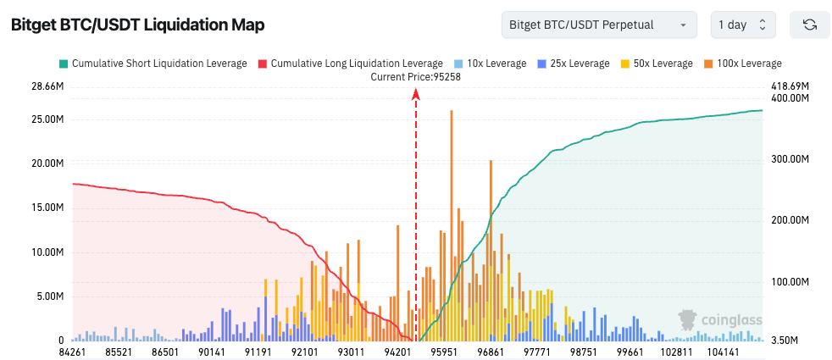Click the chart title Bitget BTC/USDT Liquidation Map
tap(137, 25)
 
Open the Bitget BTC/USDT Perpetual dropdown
tap(598, 25)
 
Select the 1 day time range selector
tap(742, 25)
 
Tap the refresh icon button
tap(809, 25)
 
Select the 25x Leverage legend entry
tap(573, 64)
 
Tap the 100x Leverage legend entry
tap(743, 64)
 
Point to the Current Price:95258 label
tap(415, 76)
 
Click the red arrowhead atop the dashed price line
tap(416, 95)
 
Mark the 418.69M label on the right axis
tap(790, 86)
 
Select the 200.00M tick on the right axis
tap(790, 220)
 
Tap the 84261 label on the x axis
tap(73, 351)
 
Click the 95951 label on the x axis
tap(444, 351)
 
